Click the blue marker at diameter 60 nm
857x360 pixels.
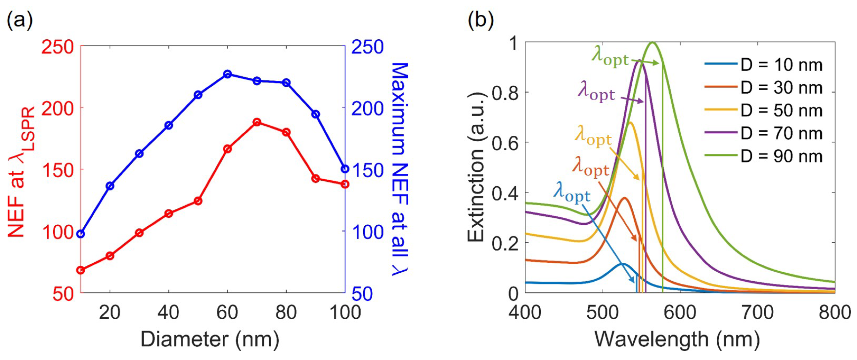(x=227, y=74)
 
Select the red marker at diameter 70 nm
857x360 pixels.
(x=256, y=122)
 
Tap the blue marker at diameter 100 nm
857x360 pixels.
(x=345, y=169)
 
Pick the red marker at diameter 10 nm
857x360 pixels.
(x=80, y=270)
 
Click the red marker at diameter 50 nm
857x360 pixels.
(x=198, y=201)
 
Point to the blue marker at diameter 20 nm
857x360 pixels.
(x=110, y=186)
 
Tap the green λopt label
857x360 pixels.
(x=610, y=57)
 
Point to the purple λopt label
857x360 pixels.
(x=596, y=91)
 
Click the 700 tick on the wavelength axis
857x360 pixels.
(x=757, y=312)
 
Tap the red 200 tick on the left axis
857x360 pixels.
(x=58, y=109)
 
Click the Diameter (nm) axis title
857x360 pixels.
(x=210, y=340)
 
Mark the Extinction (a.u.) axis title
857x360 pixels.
(x=476, y=167)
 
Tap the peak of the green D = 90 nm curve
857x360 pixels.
(x=653, y=43)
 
